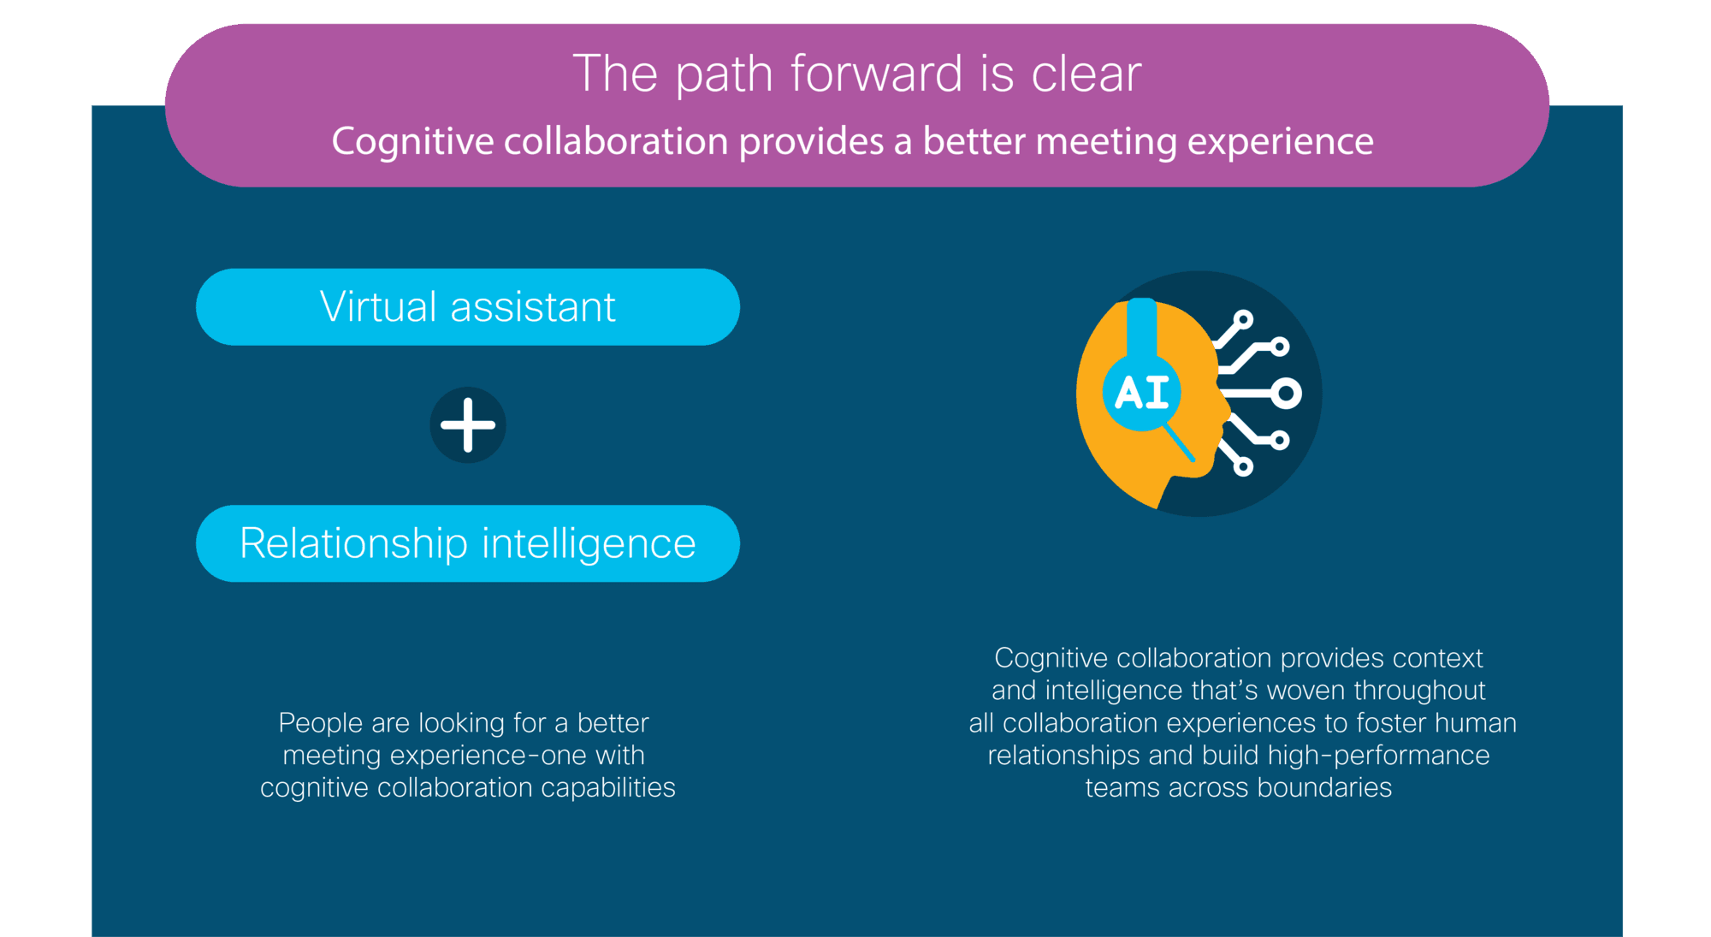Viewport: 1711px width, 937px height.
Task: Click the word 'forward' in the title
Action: [x=876, y=74]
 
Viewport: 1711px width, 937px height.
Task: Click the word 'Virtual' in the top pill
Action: [x=376, y=306]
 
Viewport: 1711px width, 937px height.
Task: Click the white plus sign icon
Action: [x=468, y=424]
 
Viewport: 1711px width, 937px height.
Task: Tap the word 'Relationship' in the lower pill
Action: [x=353, y=544]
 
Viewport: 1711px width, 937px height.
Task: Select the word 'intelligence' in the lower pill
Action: [x=589, y=544]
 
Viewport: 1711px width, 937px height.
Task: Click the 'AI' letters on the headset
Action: [x=1142, y=393]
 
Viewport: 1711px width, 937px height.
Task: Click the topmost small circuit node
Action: [x=1243, y=320]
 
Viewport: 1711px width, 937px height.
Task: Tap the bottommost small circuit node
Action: [x=1243, y=466]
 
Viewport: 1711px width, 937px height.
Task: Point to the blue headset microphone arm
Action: [x=1181, y=443]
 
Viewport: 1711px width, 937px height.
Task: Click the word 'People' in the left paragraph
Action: [x=321, y=724]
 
